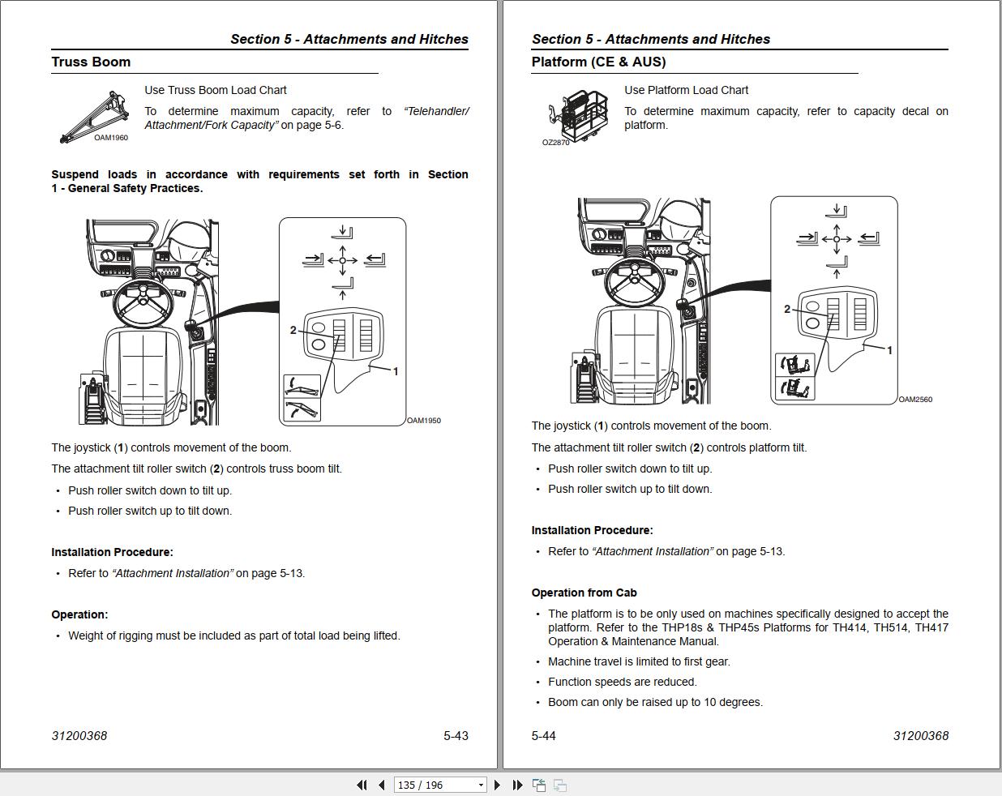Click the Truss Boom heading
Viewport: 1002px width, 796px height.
tap(91, 62)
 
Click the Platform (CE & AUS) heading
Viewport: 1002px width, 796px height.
tap(598, 62)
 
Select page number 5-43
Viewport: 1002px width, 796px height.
tap(456, 735)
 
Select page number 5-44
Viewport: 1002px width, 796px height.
tap(543, 735)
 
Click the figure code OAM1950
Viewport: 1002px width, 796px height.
tap(424, 421)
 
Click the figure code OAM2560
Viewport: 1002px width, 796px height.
tap(915, 400)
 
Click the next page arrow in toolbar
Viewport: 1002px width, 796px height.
tap(497, 785)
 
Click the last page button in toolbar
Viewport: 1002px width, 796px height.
tap(517, 785)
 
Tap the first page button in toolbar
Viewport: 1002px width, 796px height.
tap(362, 785)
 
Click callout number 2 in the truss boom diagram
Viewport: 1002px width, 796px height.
tap(293, 330)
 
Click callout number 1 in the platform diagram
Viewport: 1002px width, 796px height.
tap(889, 350)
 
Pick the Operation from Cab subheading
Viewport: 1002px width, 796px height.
tap(584, 593)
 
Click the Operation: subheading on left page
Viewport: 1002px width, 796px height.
tap(79, 614)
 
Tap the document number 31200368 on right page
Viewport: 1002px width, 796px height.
tap(920, 735)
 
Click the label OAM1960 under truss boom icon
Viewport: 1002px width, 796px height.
tap(111, 138)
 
